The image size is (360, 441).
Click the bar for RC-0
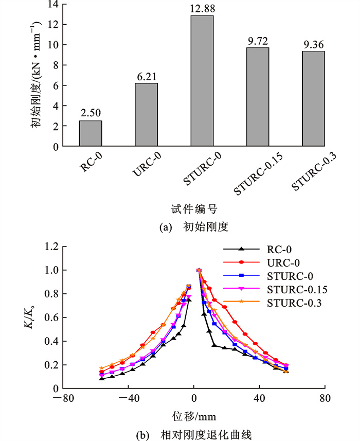tap(91, 133)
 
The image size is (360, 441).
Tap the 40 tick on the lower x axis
tap(259, 398)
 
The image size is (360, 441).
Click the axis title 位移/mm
tap(193, 416)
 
